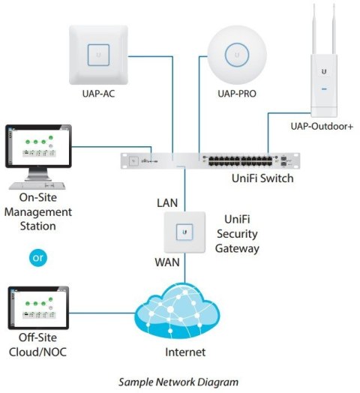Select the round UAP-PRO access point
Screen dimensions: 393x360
coord(238,54)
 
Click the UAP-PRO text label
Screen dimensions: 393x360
coord(238,96)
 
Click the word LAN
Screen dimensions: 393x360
coord(167,203)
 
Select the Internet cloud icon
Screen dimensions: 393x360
coord(184,311)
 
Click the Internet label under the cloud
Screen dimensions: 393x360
coord(184,352)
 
